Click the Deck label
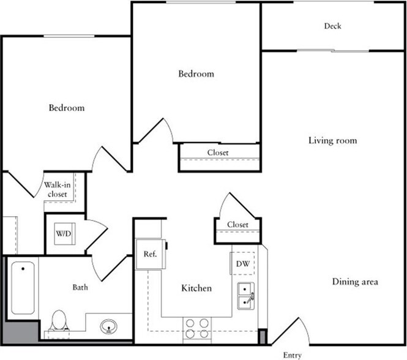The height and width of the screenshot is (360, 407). point(333,26)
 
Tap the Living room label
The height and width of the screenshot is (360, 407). point(332,141)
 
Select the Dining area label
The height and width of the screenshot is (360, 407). point(355,282)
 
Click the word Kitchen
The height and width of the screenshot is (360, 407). point(196,288)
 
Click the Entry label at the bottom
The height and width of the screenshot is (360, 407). point(292,355)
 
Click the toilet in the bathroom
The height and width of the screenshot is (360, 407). point(59,320)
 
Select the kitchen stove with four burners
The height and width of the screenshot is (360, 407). point(197,329)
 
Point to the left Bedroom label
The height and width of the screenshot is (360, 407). point(67,108)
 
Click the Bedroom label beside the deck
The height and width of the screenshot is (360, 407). point(196,74)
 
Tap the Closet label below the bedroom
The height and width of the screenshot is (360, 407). point(218,152)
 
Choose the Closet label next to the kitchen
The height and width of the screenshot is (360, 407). point(237,225)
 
